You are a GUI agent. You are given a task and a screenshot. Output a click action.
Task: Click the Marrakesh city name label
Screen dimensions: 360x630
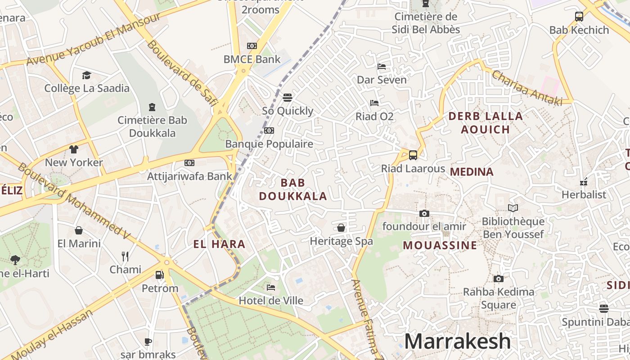pos(457,342)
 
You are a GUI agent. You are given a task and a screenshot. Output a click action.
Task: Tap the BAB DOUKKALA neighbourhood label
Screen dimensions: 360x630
pos(293,189)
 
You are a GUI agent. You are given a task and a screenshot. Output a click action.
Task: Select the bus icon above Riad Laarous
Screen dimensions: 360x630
pos(413,155)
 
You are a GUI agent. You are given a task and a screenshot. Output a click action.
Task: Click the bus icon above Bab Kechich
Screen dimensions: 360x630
pos(579,17)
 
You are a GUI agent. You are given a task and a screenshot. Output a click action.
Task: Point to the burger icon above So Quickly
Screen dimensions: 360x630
pos(288,97)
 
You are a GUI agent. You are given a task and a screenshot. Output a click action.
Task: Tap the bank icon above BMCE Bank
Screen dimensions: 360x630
pos(252,46)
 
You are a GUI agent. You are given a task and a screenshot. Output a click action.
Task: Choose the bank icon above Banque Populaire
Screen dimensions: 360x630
pos(269,130)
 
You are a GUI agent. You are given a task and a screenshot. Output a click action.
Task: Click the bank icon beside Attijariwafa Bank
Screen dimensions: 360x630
pos(189,162)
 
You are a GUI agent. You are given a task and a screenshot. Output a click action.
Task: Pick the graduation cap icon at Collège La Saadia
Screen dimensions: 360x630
pos(86,75)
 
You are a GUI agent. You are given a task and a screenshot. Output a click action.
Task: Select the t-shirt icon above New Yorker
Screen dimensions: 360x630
pos(74,149)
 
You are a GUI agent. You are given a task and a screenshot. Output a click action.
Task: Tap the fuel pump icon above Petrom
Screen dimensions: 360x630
pos(159,274)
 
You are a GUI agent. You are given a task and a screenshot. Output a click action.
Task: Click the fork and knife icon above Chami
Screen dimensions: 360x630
pos(125,256)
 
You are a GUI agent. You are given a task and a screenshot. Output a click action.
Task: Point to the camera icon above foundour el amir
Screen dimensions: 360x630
pos(424,213)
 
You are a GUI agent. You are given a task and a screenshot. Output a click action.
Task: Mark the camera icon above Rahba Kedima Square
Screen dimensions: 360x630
pos(498,279)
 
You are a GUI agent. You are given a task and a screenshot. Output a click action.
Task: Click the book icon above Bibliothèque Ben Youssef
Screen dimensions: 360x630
pos(513,208)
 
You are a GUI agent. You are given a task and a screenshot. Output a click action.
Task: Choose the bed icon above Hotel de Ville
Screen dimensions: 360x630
pos(270,287)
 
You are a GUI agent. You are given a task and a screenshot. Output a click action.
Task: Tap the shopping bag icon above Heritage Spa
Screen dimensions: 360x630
pos(341,228)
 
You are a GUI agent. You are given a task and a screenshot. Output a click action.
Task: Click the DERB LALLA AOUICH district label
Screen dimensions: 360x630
pos(486,123)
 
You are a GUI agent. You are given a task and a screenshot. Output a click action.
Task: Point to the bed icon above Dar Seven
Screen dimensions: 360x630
pos(382,67)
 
